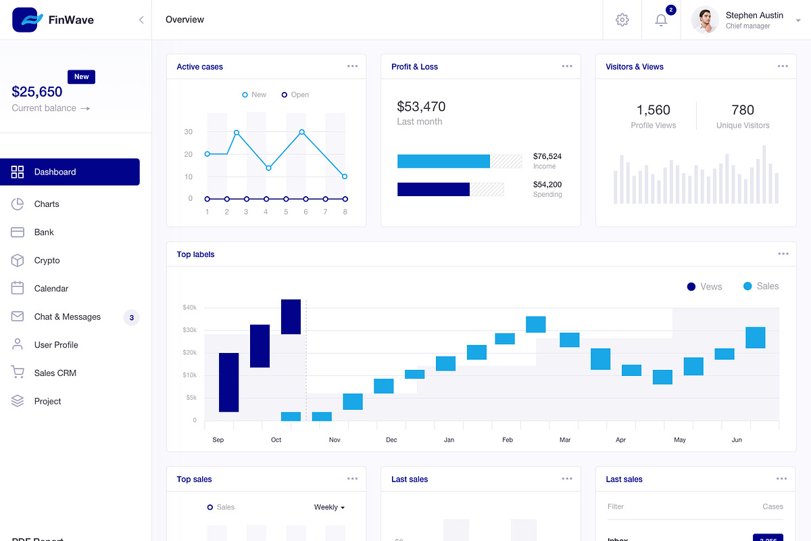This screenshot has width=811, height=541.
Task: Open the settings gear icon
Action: coord(622,20)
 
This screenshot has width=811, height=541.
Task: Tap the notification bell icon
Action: coord(661,20)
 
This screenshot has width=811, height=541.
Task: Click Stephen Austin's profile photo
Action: coord(704,20)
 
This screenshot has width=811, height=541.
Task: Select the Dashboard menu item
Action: coord(70,172)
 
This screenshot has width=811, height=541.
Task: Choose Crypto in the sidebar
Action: coord(47,260)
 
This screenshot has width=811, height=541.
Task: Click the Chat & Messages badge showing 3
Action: coord(131,317)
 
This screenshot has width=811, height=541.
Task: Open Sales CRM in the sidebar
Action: coord(55,373)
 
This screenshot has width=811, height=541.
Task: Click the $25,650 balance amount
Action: coord(37,92)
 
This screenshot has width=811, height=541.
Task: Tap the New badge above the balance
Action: coord(81,77)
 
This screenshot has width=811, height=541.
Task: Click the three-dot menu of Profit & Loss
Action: coord(567,66)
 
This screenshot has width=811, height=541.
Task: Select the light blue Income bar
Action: coord(443,161)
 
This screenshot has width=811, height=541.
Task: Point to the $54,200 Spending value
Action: coord(547,185)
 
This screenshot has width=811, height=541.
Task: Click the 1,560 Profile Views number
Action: coord(653,110)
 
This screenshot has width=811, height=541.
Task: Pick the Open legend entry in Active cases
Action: coord(295,95)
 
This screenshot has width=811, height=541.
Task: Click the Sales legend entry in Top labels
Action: coord(761,286)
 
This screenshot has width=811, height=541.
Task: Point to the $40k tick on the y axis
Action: coord(189,308)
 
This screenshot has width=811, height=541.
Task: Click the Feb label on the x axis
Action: coord(508,440)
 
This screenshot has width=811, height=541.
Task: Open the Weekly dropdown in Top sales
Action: coord(329,507)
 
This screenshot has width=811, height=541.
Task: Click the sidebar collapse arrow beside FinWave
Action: coord(141,20)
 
